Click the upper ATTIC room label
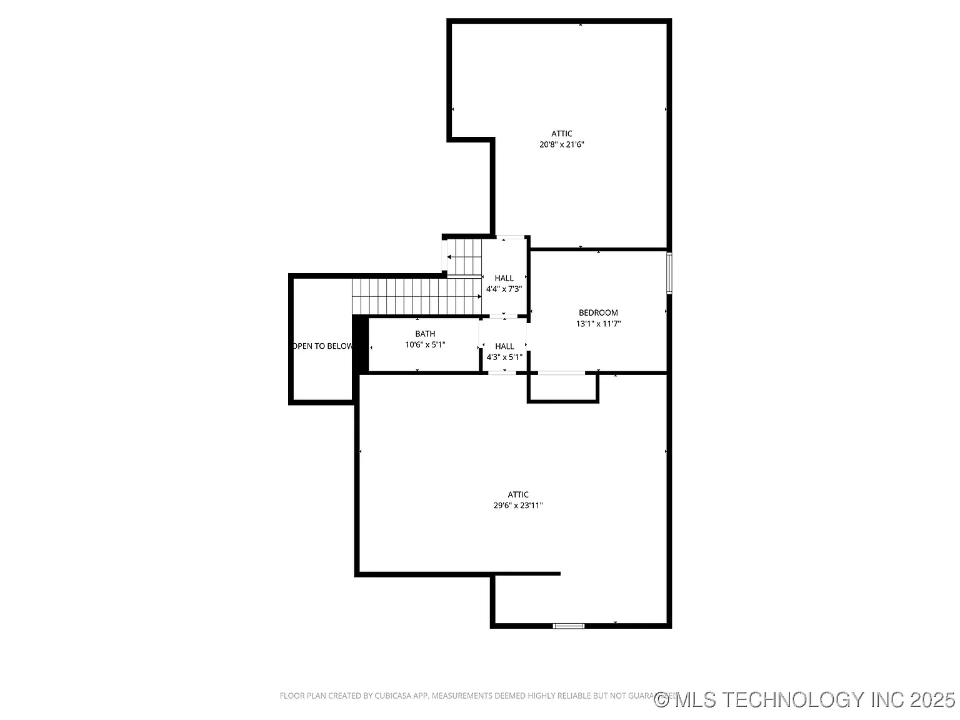561,134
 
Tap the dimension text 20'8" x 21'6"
561,144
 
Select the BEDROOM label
598,312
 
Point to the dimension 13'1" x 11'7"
598,324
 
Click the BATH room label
425,334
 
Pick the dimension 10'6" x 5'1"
425,344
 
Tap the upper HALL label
504,278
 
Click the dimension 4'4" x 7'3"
504,289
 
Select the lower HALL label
504,346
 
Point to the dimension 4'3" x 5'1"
504,357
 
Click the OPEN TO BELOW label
322,346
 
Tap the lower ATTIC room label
518,494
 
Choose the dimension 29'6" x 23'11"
518,506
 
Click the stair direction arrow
451,257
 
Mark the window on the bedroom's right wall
669,273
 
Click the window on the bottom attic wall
569,625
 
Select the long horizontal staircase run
416,296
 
